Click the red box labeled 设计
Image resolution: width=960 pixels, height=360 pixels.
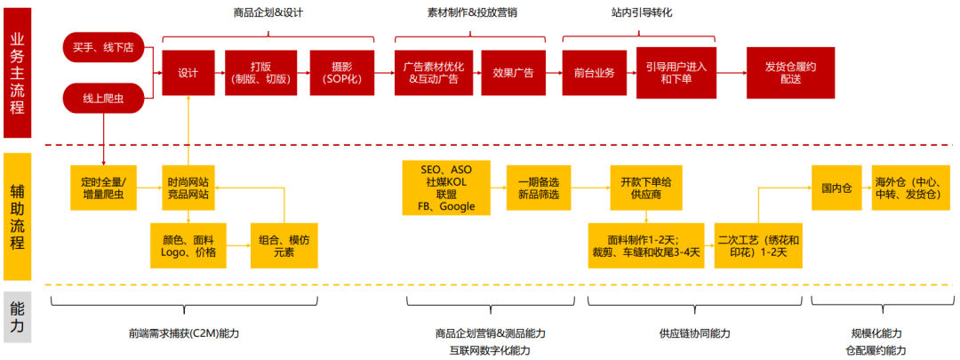click(188, 73)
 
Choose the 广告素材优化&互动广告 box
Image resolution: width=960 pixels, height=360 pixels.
click(434, 73)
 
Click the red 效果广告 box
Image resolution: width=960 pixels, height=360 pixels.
click(513, 73)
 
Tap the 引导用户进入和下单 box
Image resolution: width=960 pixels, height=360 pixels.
click(676, 73)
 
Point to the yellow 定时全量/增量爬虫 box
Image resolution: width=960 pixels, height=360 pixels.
click(103, 188)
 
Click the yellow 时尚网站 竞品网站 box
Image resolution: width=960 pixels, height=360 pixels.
click(188, 188)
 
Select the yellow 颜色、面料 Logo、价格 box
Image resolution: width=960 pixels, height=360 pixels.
click(188, 245)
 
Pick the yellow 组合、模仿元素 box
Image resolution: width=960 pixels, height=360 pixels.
click(284, 245)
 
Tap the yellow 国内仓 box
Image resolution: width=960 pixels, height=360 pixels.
click(836, 188)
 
